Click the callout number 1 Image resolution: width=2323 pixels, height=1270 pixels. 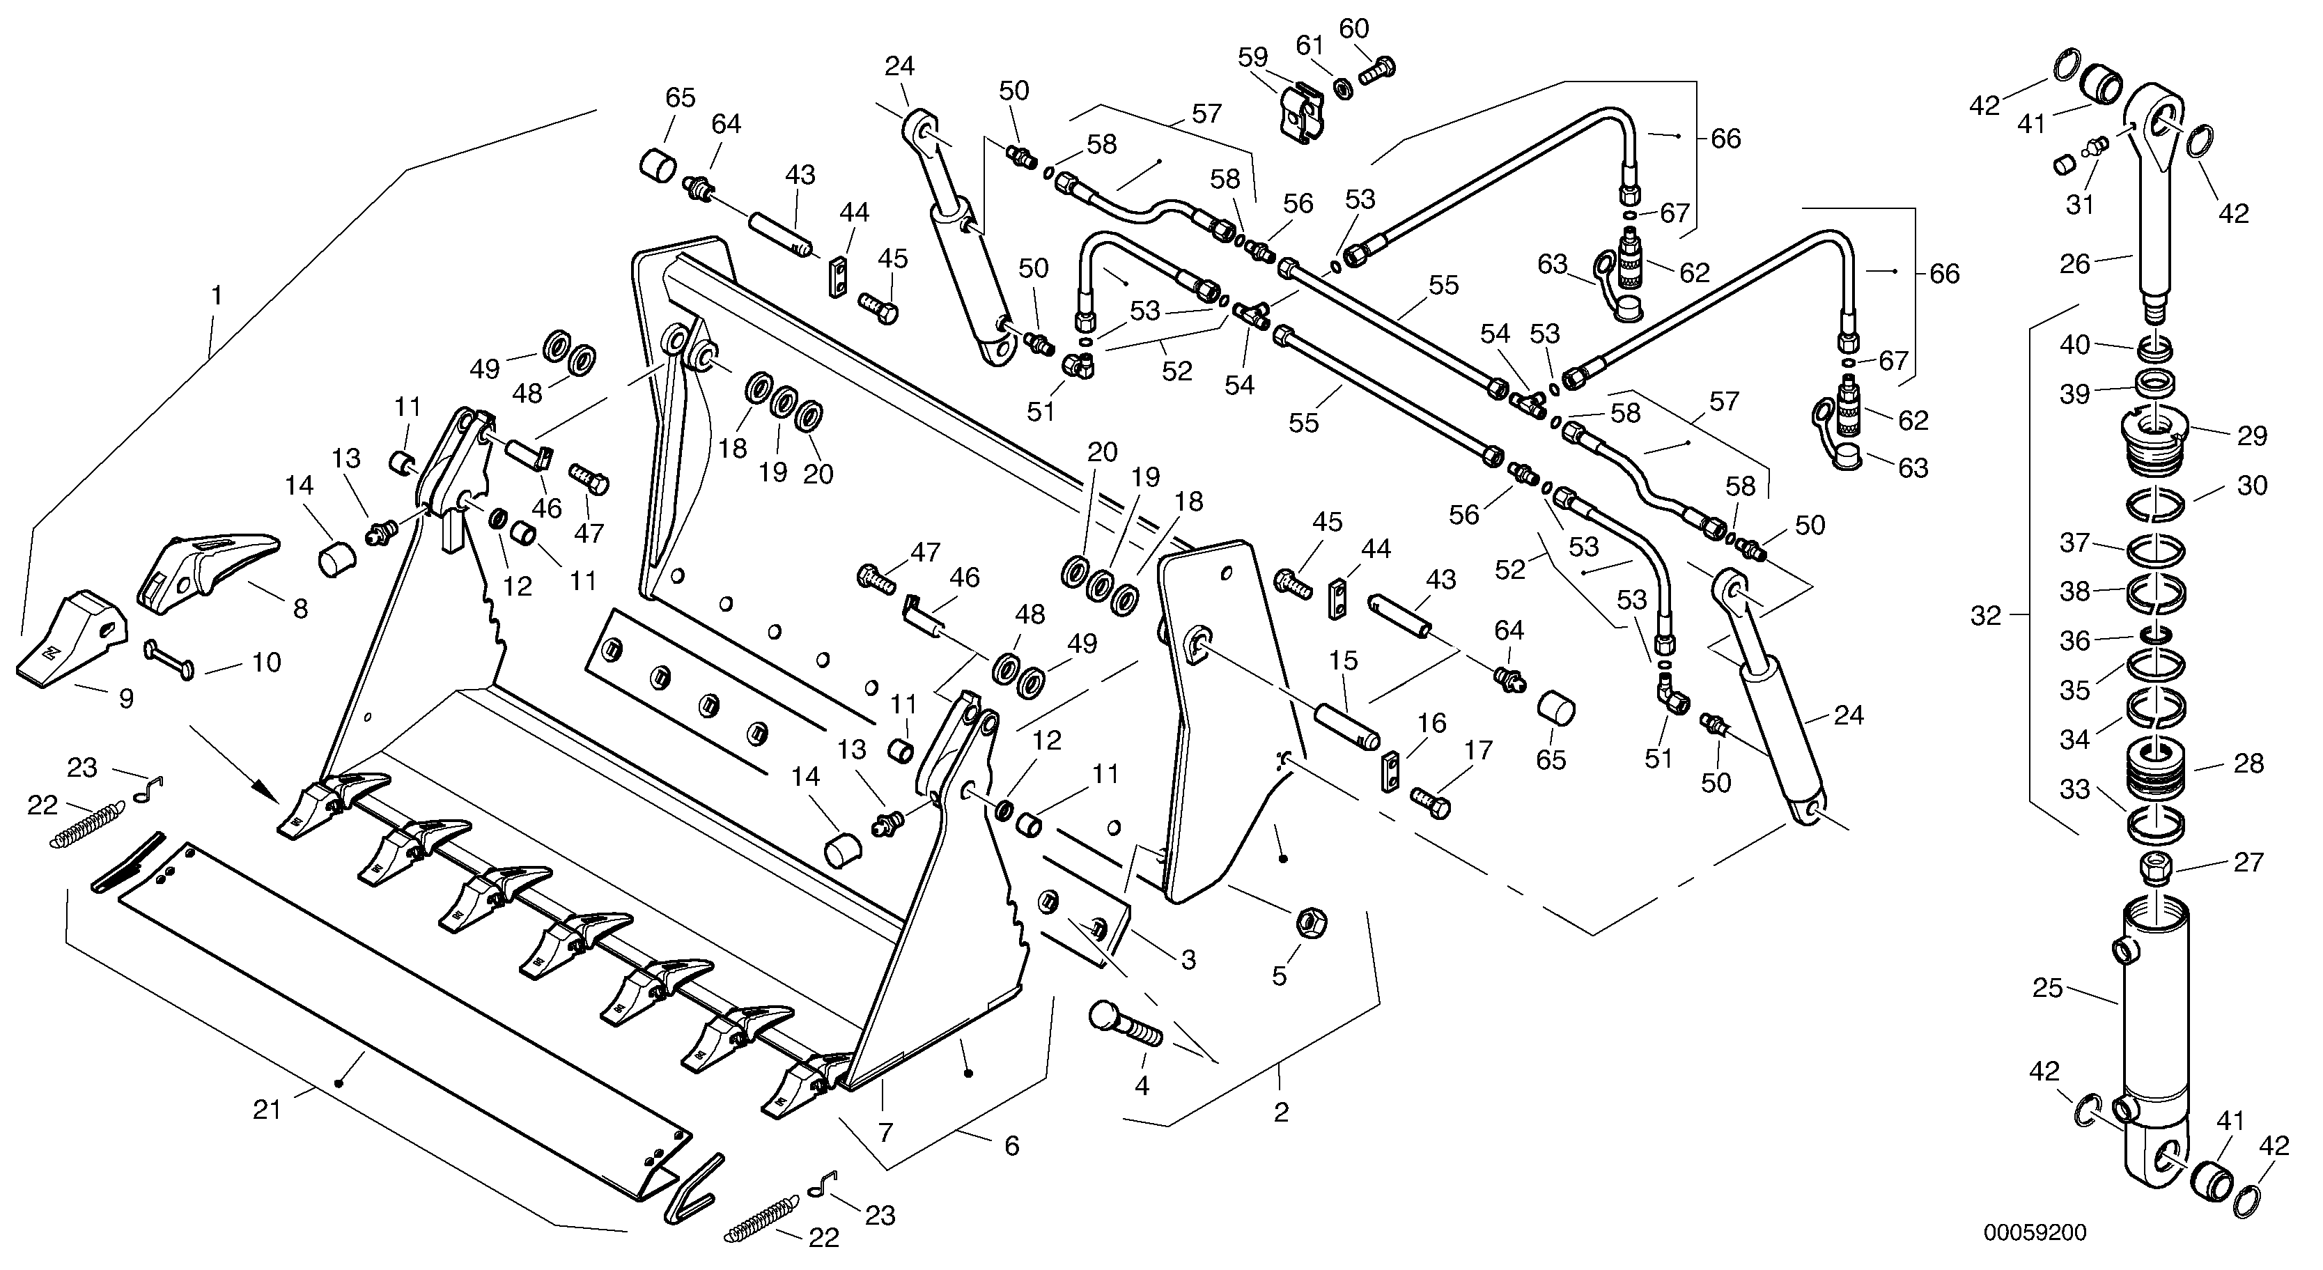[x=217, y=294]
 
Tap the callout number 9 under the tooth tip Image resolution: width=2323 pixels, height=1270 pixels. [x=126, y=697]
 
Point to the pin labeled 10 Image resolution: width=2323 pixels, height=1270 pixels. [x=169, y=658]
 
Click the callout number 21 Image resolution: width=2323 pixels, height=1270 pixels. [x=267, y=1110]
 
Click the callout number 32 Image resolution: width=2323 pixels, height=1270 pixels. [x=1986, y=615]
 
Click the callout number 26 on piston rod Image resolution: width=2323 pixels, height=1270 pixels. [x=2075, y=263]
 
